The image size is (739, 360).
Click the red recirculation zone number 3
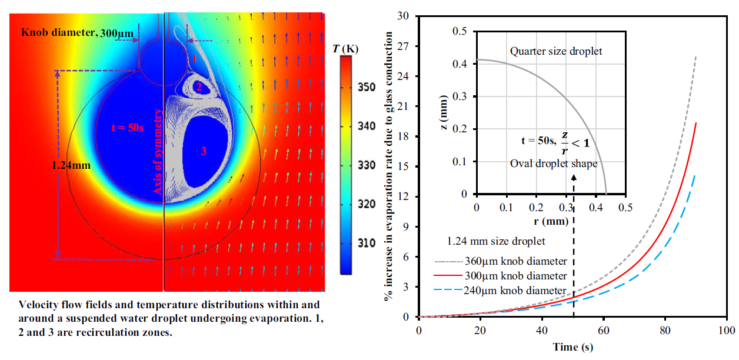pyautogui.click(x=204, y=151)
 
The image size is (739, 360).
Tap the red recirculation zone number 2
pyautogui.click(x=199, y=88)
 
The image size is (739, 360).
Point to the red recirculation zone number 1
pyautogui.click(x=195, y=58)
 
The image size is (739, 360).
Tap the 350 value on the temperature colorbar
pyautogui.click(x=366, y=88)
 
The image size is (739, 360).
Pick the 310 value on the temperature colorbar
pyautogui.click(x=366, y=243)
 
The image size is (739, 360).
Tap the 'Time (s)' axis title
pyautogui.click(x=574, y=347)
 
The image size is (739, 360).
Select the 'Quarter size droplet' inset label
pyautogui.click(x=556, y=52)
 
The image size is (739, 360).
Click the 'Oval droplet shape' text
pyautogui.click(x=553, y=164)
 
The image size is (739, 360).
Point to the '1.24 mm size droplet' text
pyautogui.click(x=496, y=241)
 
